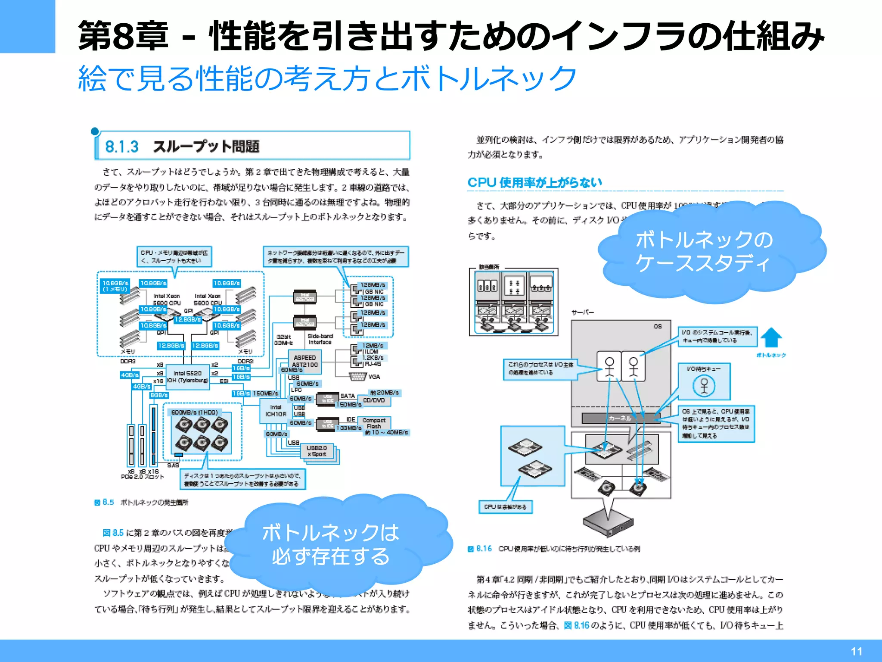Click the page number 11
tap(856, 651)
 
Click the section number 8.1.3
tap(122, 147)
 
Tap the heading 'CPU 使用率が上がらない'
tap(534, 182)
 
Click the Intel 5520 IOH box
tap(188, 377)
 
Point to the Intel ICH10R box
tap(276, 411)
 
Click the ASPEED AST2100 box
tap(304, 361)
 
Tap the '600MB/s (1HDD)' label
tap(194, 412)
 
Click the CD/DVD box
tap(374, 400)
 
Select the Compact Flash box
tap(374, 423)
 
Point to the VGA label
tap(374, 377)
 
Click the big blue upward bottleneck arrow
tap(771, 337)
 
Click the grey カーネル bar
tap(620, 418)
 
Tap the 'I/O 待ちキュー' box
tap(704, 381)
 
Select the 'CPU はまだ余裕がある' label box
tap(505, 507)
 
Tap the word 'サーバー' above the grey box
tap(582, 312)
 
